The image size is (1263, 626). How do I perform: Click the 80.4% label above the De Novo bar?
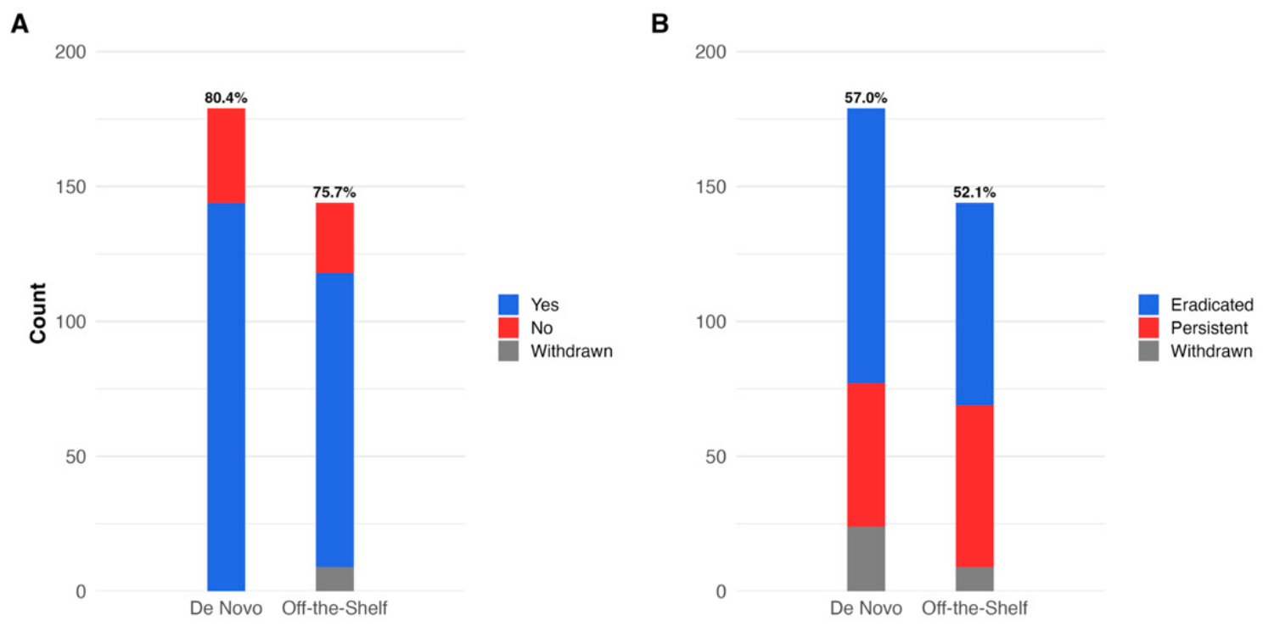(226, 98)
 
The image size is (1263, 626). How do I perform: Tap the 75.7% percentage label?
(334, 193)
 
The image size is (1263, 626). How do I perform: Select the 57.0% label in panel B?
(866, 98)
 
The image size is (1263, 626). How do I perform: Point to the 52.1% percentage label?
(974, 193)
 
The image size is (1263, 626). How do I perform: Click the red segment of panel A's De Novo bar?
(226, 155)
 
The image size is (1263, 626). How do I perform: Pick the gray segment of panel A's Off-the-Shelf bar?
(335, 578)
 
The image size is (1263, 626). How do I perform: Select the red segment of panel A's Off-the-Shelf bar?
(335, 238)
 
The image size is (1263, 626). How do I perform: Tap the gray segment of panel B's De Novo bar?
(866, 559)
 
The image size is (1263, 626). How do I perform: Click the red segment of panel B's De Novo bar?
(866, 455)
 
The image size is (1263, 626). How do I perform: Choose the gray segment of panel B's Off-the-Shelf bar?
(975, 578)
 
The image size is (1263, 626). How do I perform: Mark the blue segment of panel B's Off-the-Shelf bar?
(975, 304)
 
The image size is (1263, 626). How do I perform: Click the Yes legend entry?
(528, 305)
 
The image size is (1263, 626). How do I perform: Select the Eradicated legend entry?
(1196, 305)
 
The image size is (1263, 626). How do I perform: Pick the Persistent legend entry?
(1193, 327)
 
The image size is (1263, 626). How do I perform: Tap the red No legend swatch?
(508, 327)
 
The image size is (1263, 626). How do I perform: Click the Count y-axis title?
(38, 313)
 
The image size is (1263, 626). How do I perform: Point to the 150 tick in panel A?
(70, 187)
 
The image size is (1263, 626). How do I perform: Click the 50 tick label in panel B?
(716, 456)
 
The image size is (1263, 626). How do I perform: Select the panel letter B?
(660, 24)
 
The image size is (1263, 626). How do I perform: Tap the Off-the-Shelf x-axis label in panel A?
(334, 608)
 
